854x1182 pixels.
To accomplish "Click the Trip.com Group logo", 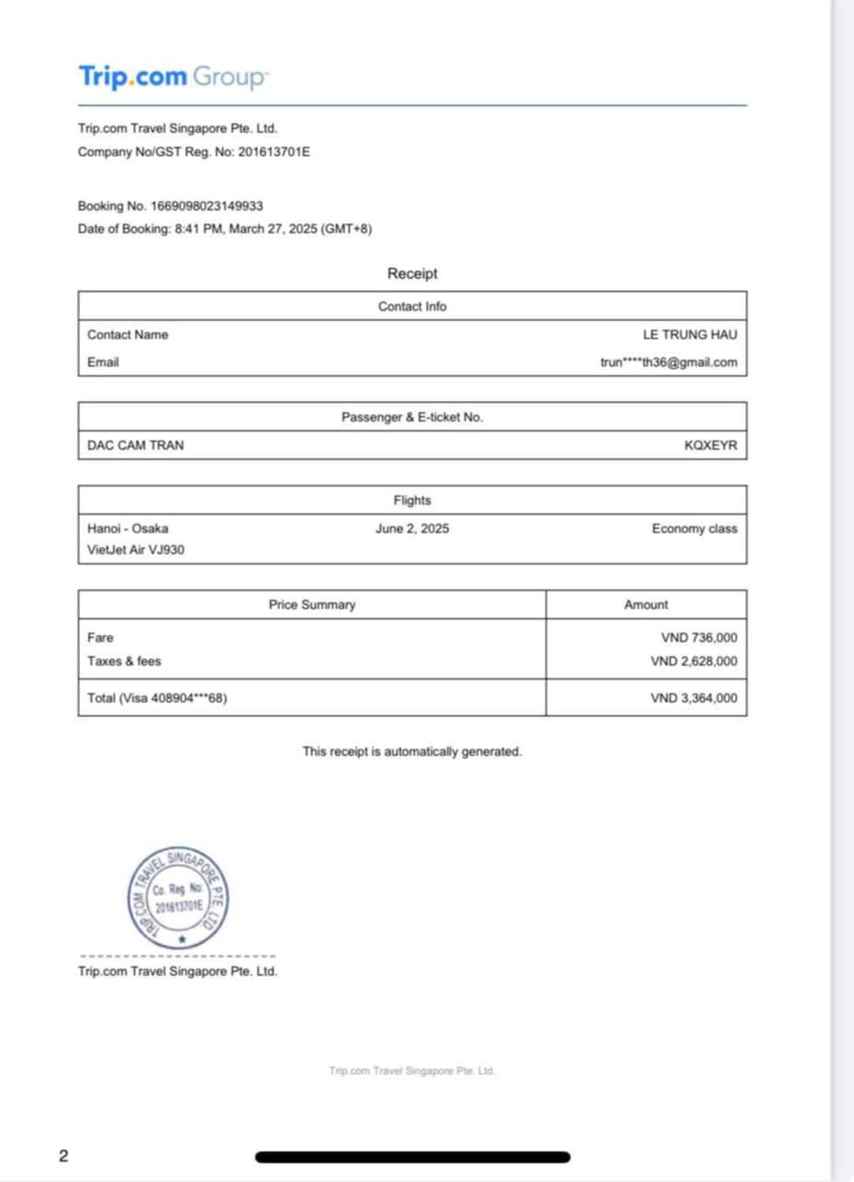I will point(173,77).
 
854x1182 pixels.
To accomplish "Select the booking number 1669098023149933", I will point(206,206).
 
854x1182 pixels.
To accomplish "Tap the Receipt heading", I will point(412,273).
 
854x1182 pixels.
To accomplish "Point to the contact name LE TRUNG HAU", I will point(690,334).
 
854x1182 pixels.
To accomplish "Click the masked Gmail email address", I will point(669,362).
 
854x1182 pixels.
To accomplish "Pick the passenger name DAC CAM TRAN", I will point(136,445).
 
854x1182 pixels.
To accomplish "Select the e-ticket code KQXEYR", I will point(710,445).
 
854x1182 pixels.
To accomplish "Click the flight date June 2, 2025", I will point(412,528).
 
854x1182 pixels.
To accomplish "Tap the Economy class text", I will point(694,528).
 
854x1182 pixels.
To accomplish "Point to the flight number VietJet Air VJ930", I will point(136,549).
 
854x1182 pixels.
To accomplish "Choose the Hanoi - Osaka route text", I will point(128,528).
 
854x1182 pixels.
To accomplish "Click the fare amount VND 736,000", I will point(699,637).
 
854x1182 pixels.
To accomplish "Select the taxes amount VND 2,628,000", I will point(693,661).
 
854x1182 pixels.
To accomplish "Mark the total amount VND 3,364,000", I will point(693,698).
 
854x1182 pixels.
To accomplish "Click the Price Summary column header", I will point(312,604).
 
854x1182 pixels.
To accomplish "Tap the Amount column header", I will point(646,604).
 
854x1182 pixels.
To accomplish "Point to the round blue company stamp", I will point(178,898).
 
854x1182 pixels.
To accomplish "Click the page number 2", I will point(64,1155).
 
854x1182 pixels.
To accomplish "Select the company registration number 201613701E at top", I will point(274,151).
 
